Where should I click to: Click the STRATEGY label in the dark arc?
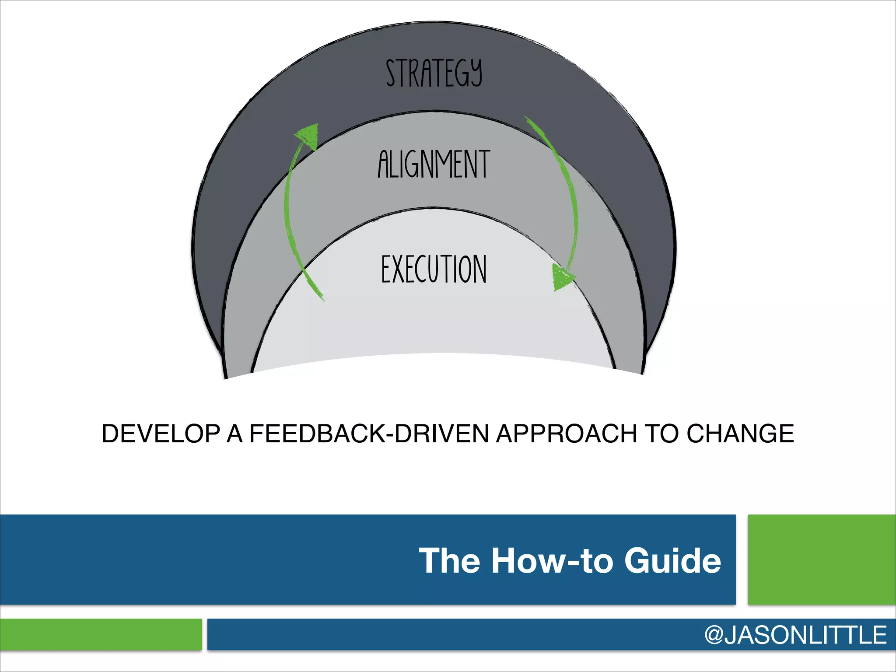[x=434, y=73]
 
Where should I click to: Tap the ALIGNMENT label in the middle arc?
[x=434, y=164]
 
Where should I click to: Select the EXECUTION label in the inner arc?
[x=434, y=269]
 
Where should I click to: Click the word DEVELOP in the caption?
[x=161, y=434]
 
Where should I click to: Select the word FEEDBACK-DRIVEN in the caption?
[x=369, y=434]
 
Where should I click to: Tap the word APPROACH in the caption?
[x=566, y=434]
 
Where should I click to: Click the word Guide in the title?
[x=672, y=560]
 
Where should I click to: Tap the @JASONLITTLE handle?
[x=795, y=635]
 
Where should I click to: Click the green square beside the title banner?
[x=822, y=560]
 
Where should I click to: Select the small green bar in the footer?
[x=101, y=634]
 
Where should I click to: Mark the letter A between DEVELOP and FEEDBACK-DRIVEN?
[x=234, y=434]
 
